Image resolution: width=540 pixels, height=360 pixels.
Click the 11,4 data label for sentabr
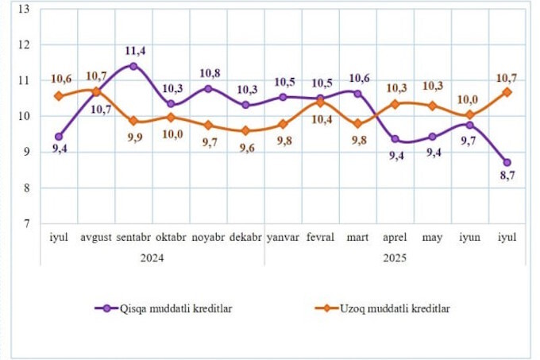pyautogui.click(x=135, y=51)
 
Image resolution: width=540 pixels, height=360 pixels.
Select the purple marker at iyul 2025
pyautogui.click(x=507, y=162)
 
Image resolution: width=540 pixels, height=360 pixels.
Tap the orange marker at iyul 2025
pyautogui.click(x=507, y=92)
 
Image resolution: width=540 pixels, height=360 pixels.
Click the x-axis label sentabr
pyautogui.click(x=133, y=238)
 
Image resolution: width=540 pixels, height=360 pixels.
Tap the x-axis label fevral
pyautogui.click(x=319, y=238)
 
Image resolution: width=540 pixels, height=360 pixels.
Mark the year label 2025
pyautogui.click(x=395, y=257)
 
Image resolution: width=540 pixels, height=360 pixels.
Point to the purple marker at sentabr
pyautogui.click(x=133, y=66)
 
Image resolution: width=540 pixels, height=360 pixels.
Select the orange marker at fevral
pyautogui.click(x=320, y=103)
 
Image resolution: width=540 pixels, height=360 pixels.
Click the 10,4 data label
pyautogui.click(x=321, y=119)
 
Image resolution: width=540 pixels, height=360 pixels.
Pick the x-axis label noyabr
pyautogui.click(x=207, y=238)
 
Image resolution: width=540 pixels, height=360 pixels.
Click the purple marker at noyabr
pyautogui.click(x=208, y=88)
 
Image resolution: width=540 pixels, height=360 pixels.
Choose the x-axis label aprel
pyautogui.click(x=395, y=238)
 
